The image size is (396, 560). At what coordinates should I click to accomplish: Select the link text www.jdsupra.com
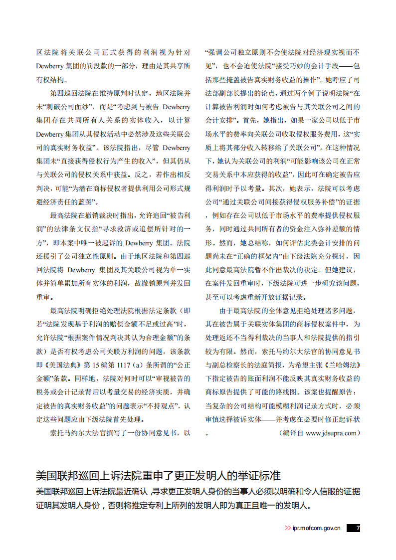[331, 433]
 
